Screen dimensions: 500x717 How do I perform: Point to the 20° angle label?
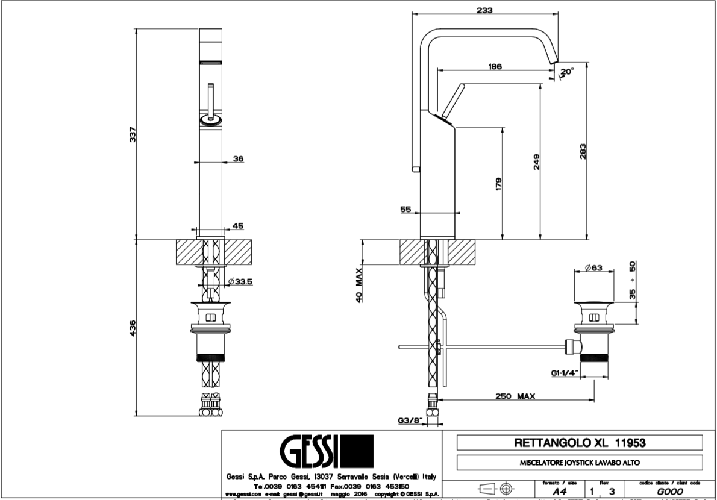pos(567,71)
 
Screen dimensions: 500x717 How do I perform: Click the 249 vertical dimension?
pos(536,161)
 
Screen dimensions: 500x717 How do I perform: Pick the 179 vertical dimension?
pos(498,184)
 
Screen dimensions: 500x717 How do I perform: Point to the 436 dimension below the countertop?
pos(134,328)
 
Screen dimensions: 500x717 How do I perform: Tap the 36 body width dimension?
pos(237,159)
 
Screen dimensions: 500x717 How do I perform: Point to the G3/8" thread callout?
pos(410,421)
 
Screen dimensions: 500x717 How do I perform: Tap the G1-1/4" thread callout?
pos(565,373)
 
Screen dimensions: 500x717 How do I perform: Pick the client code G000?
pos(671,491)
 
